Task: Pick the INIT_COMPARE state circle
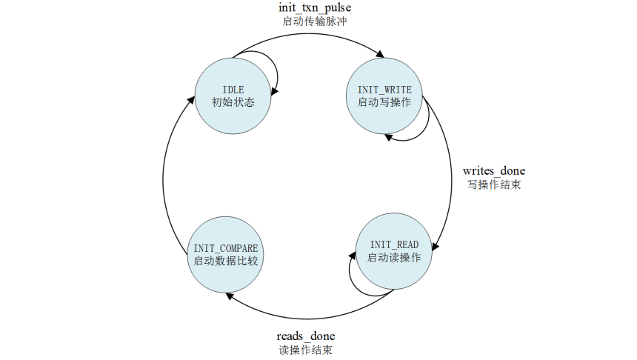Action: click(x=225, y=253)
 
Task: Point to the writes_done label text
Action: click(x=493, y=171)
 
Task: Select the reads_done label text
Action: click(x=305, y=336)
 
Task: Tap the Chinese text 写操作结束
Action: click(x=493, y=185)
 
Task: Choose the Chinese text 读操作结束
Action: click(x=305, y=350)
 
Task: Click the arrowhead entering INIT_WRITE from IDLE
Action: click(x=380, y=54)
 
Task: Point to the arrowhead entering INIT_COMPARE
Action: click(x=230, y=296)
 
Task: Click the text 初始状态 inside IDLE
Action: click(x=233, y=102)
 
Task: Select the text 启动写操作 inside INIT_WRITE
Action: click(x=384, y=102)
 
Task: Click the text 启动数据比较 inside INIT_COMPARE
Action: click(x=225, y=261)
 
